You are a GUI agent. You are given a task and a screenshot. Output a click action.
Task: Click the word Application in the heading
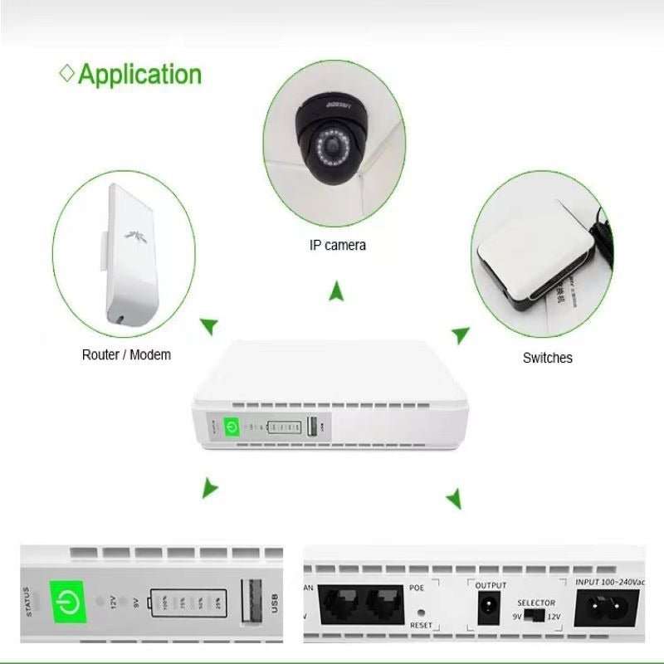[x=139, y=74]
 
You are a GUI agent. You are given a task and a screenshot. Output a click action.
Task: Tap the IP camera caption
[x=337, y=245]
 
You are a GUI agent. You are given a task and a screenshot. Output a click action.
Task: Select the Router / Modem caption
[x=126, y=354]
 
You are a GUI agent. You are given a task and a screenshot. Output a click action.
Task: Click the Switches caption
[x=547, y=358]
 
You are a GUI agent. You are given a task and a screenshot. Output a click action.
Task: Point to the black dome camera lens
[x=334, y=149]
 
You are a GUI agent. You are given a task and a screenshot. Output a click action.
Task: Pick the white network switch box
[x=532, y=258]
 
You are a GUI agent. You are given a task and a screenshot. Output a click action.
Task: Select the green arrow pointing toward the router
[x=210, y=325]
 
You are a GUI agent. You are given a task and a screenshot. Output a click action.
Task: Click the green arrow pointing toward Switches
[x=461, y=334]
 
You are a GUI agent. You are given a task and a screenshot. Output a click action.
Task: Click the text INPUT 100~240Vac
[x=611, y=583]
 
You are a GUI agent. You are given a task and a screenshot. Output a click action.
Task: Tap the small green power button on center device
[x=232, y=427]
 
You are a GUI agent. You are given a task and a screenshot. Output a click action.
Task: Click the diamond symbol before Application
[x=67, y=73]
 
